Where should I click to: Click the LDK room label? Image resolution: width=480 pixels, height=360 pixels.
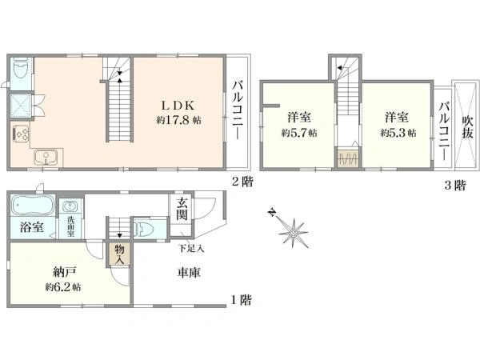tap(178, 106)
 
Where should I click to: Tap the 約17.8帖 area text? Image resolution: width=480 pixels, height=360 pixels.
tap(178, 120)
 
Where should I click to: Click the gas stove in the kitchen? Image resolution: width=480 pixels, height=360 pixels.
tap(21, 134)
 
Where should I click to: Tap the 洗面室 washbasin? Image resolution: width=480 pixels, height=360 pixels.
tap(71, 206)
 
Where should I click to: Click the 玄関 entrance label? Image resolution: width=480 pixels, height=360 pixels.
tap(182, 209)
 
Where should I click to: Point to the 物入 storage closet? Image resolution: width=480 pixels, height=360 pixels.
tap(119, 254)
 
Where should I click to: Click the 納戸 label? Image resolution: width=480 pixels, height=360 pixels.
tap(64, 271)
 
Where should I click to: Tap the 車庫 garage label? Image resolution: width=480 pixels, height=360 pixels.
tap(189, 273)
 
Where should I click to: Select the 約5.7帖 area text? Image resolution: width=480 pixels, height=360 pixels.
tap(299, 133)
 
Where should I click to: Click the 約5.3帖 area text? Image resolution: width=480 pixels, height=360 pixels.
tap(398, 133)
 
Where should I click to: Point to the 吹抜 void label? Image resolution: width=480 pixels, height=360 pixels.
tap(467, 127)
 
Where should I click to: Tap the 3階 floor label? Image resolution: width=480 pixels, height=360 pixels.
tap(455, 186)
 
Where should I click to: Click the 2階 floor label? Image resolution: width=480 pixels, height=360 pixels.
tap(242, 182)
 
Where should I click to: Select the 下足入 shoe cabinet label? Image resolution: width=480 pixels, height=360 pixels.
tap(191, 248)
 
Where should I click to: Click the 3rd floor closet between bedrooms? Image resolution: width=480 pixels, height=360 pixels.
tap(348, 158)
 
